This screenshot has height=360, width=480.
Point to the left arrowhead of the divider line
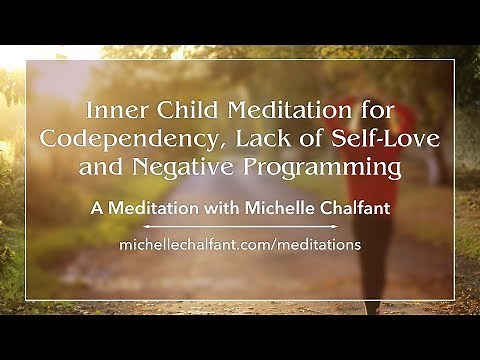tap(148, 226)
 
